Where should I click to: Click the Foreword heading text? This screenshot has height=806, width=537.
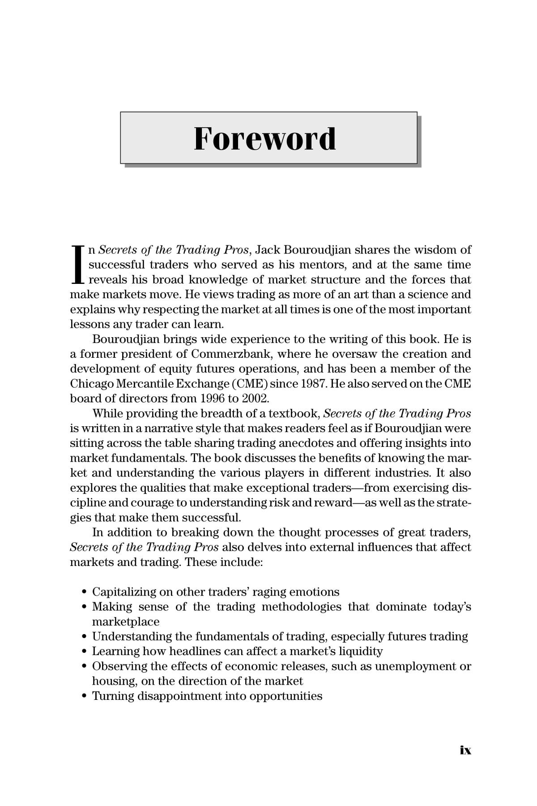[x=265, y=139]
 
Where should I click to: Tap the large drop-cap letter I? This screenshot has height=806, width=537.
[x=77, y=265]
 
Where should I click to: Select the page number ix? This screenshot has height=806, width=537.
[x=465, y=750]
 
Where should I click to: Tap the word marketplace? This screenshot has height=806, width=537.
[x=126, y=622]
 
